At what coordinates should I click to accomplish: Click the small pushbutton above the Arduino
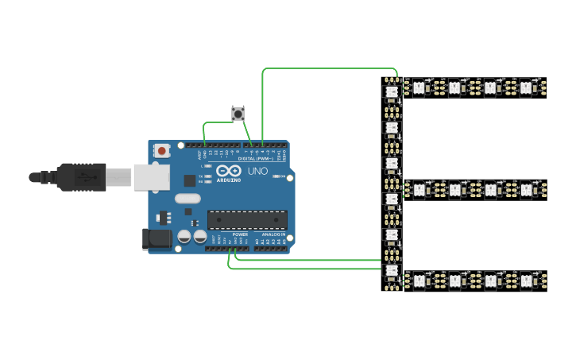(x=238, y=114)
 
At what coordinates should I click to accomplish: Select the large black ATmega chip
(x=247, y=219)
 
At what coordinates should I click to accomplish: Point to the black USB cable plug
(x=79, y=176)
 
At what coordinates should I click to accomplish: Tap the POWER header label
(x=241, y=235)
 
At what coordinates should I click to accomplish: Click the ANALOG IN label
(x=273, y=235)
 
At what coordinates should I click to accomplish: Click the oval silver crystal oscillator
(x=187, y=199)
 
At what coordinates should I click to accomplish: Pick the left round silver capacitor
(x=184, y=237)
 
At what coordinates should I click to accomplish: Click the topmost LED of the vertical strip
(x=390, y=91)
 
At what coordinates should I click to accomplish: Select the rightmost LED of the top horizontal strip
(x=526, y=88)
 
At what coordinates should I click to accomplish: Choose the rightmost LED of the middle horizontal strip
(x=526, y=189)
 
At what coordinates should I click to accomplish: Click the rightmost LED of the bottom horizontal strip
(x=526, y=281)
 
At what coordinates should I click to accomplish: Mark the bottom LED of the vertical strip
(x=390, y=271)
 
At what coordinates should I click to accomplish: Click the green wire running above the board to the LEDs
(x=330, y=68)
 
